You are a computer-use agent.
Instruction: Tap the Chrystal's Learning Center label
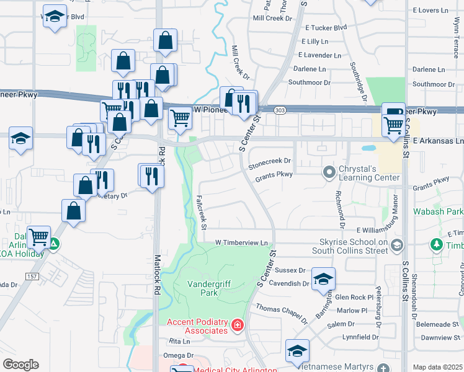368,174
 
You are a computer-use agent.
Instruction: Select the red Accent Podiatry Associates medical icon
237,325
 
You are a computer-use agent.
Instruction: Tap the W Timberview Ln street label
244,242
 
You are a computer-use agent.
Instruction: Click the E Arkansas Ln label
438,141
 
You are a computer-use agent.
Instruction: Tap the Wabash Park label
438,211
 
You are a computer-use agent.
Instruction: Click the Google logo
20,364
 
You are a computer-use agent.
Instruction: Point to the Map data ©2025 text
437,367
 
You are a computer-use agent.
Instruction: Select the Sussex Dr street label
290,270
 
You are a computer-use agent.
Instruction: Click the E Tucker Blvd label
324,28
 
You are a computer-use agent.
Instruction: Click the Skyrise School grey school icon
396,244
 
